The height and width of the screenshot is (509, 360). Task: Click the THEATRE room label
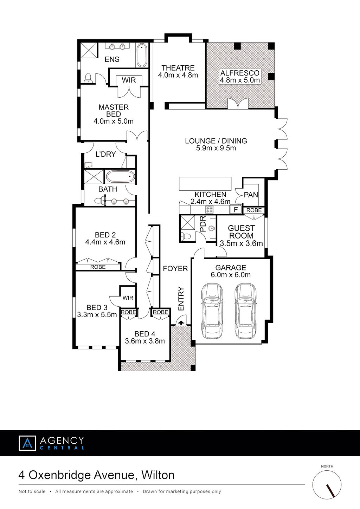pyautogui.click(x=178, y=68)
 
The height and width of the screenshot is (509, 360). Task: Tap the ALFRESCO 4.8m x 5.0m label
pyautogui.click(x=240, y=77)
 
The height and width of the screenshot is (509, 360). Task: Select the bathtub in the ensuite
pyautogui.click(x=142, y=55)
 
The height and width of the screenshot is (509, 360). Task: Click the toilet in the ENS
pyautogui.click(x=88, y=78)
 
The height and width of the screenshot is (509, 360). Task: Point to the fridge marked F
pyautogui.click(x=236, y=209)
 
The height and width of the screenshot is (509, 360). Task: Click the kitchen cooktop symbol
pyautogui.click(x=209, y=209)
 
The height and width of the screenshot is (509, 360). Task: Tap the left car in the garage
pyautogui.click(x=212, y=311)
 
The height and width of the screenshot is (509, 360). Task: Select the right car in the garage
pyautogui.click(x=245, y=311)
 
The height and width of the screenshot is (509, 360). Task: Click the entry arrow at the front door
pyautogui.click(x=181, y=322)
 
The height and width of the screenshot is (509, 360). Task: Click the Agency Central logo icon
pyautogui.click(x=27, y=443)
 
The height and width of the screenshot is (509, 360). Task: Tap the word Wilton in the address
pyautogui.click(x=158, y=475)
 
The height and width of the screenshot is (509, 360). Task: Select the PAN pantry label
pyautogui.click(x=251, y=195)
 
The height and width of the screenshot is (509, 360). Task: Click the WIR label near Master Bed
pyautogui.click(x=129, y=80)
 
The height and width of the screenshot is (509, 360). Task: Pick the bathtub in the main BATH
pyautogui.click(x=121, y=177)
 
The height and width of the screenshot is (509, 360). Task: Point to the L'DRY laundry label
pyautogui.click(x=106, y=154)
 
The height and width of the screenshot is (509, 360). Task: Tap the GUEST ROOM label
pyautogui.click(x=241, y=232)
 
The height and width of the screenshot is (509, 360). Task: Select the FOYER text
pyautogui.click(x=175, y=269)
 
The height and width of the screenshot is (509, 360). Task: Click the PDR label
pyautogui.click(x=202, y=224)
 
